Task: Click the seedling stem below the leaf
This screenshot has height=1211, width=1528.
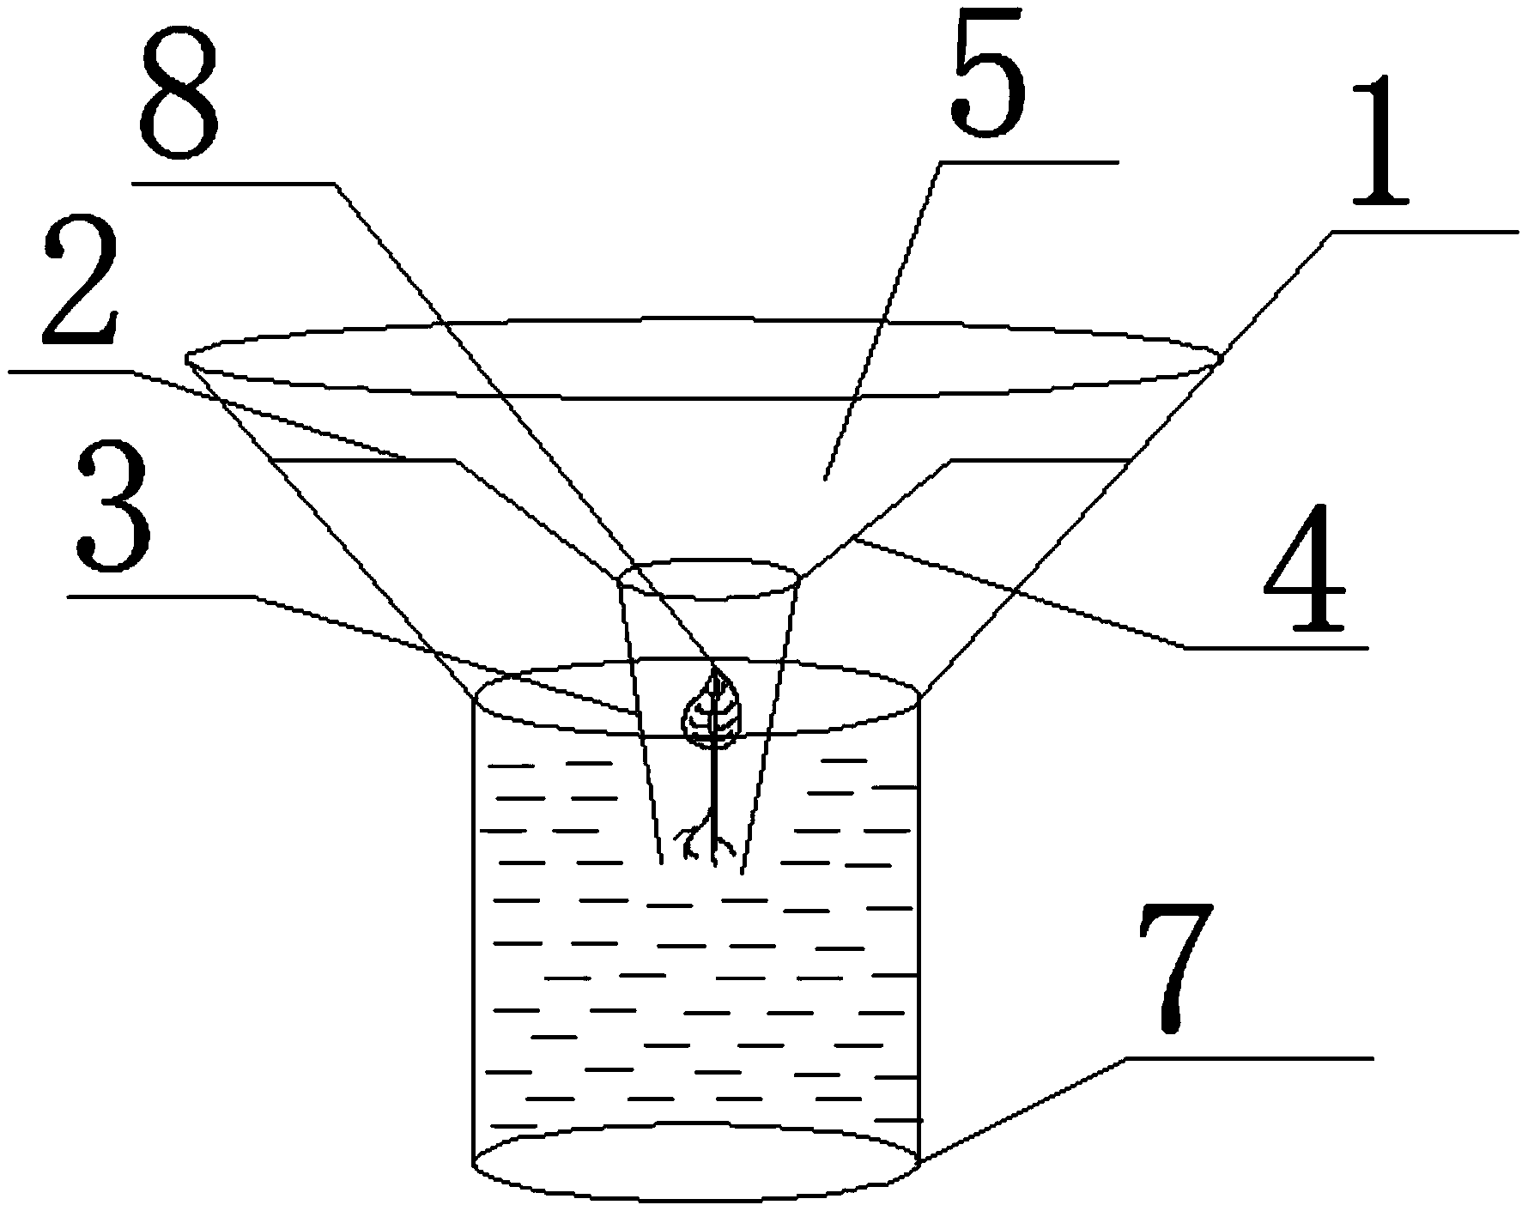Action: pyautogui.click(x=712, y=781)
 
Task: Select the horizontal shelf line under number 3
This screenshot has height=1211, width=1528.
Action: pyautogui.click(x=163, y=595)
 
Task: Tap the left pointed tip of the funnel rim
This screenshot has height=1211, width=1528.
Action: pyautogui.click(x=188, y=354)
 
